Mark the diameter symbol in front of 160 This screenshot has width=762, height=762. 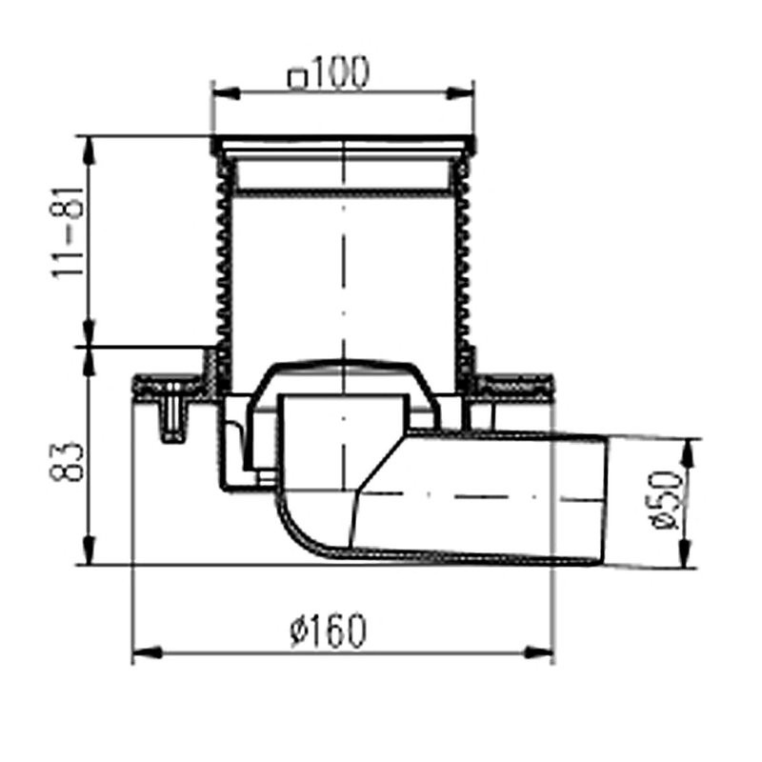pos(298,632)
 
